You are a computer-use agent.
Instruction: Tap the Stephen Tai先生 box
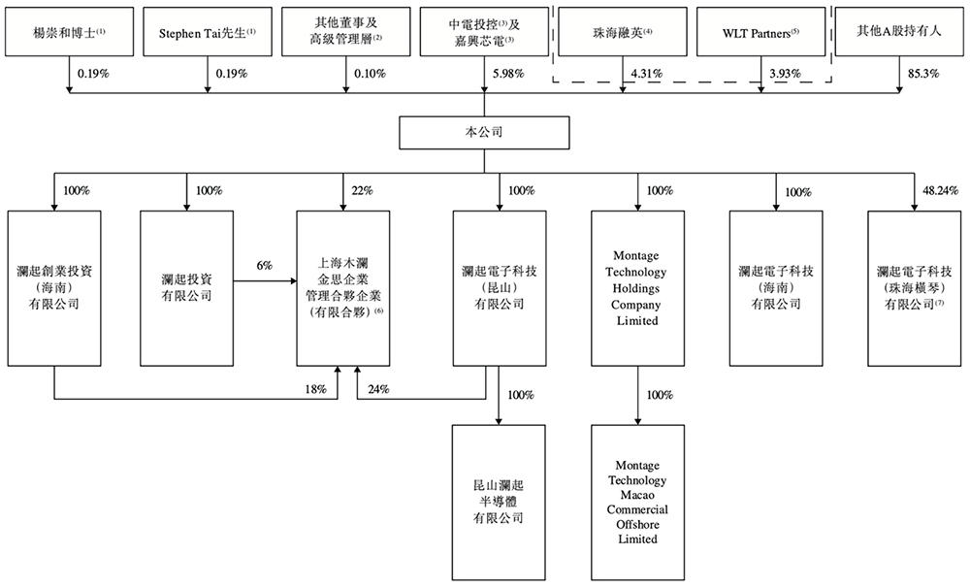tap(208, 33)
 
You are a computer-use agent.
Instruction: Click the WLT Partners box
tap(760, 33)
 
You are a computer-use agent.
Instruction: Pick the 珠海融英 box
tap(622, 33)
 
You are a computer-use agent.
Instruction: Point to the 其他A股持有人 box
tap(899, 33)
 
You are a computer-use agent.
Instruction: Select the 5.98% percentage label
tap(508, 73)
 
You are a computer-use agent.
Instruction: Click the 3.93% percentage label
tap(784, 73)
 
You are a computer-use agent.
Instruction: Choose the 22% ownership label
tap(361, 190)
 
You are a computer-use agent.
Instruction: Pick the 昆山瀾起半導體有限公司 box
tap(499, 501)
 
